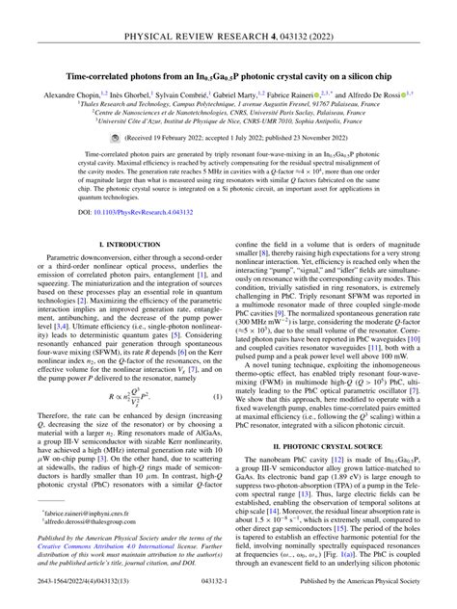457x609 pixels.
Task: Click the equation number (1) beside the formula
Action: coord(217,370)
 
